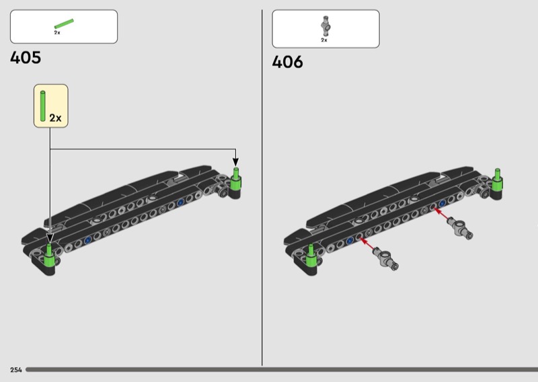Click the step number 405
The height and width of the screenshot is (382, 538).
pos(26,58)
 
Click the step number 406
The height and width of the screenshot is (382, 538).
pos(287,63)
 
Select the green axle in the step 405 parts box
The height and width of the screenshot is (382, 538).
pos(64,24)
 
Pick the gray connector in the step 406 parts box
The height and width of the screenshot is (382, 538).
pos(325,26)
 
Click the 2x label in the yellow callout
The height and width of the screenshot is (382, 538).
pos(55,118)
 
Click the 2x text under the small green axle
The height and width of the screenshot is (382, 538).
pos(57,32)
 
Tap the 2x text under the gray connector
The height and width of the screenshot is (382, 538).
pos(324,40)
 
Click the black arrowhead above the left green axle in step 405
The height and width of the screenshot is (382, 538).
pos(50,236)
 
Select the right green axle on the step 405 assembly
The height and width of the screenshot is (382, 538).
pos(236,179)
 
